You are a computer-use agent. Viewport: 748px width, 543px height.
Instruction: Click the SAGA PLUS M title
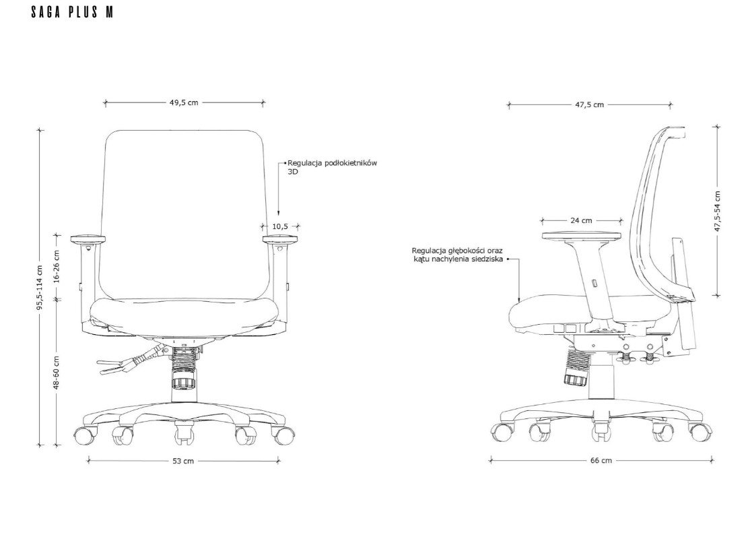pyautogui.click(x=72, y=12)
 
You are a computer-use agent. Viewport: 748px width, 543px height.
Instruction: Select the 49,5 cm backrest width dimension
pyautogui.click(x=184, y=102)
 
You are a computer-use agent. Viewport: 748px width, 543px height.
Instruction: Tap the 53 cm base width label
pyautogui.click(x=183, y=461)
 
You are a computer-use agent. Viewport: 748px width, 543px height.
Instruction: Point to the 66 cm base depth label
pyautogui.click(x=601, y=460)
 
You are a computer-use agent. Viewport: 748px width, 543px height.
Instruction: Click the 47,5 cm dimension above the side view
pyautogui.click(x=589, y=105)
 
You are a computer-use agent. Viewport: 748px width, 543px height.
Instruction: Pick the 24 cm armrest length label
pyautogui.click(x=581, y=220)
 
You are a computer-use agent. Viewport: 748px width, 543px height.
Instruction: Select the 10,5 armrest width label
pyautogui.click(x=280, y=226)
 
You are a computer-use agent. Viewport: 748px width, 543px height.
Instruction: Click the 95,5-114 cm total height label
pyautogui.click(x=40, y=288)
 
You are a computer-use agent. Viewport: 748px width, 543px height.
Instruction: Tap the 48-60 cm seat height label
pyautogui.click(x=57, y=372)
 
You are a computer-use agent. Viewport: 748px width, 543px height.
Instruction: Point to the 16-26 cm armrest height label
pyautogui.click(x=57, y=266)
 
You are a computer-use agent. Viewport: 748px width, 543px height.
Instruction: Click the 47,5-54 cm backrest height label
pyautogui.click(x=717, y=212)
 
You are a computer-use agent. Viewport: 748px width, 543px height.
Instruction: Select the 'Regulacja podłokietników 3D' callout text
pyautogui.click(x=332, y=167)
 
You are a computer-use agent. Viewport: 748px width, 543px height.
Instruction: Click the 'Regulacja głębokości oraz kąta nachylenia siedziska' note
pyautogui.click(x=457, y=255)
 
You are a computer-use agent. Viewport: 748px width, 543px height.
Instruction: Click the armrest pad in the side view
pyautogui.click(x=582, y=235)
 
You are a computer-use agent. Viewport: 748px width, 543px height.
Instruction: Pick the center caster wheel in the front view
pyautogui.click(x=184, y=431)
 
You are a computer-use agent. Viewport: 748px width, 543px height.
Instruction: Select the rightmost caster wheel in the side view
pyautogui.click(x=700, y=431)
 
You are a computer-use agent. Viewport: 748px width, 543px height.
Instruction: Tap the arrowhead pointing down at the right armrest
pyautogui.click(x=279, y=215)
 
